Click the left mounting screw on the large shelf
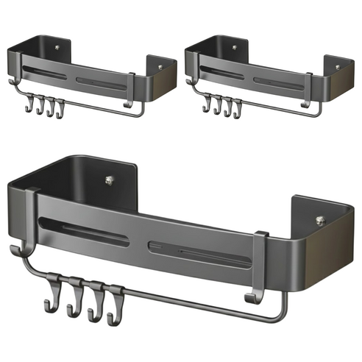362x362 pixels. tap(108, 178)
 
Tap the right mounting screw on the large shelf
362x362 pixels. tap(319, 219)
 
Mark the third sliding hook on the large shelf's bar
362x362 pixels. tap(94, 302)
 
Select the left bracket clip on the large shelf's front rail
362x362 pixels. tap(31, 213)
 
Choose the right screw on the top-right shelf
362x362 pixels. tap(338, 68)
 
